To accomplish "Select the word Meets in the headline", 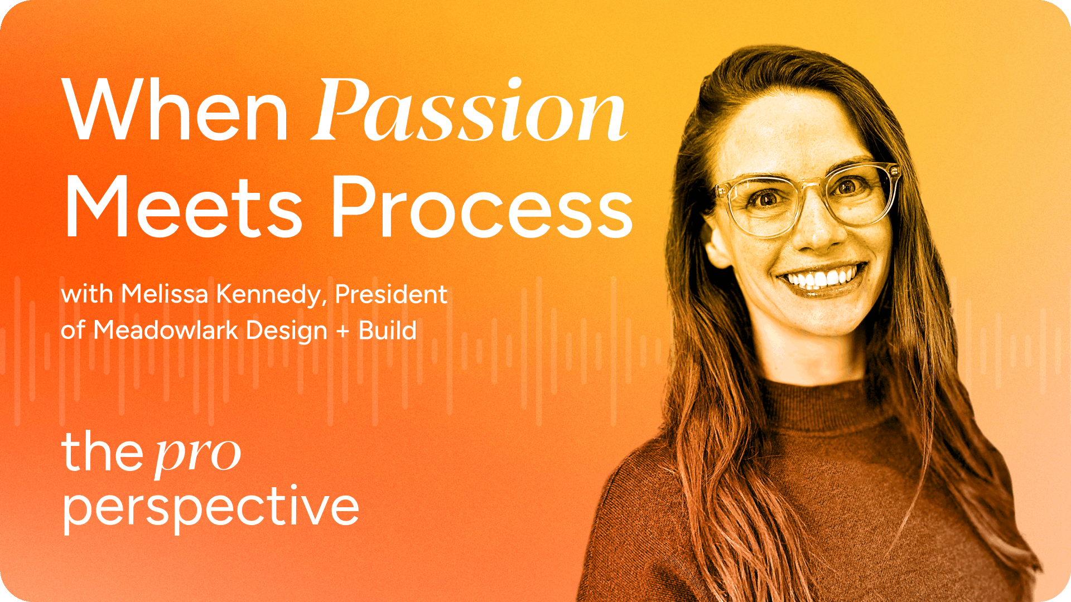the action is click(x=184, y=207).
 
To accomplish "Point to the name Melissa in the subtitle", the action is click(x=165, y=294).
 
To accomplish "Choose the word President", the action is click(x=391, y=294).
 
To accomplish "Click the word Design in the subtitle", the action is click(x=287, y=331).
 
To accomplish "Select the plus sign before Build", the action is click(x=343, y=331).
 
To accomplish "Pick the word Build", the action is click(x=388, y=329).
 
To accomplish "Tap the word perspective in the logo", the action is click(x=211, y=508).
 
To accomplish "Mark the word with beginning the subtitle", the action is click(x=87, y=294).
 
